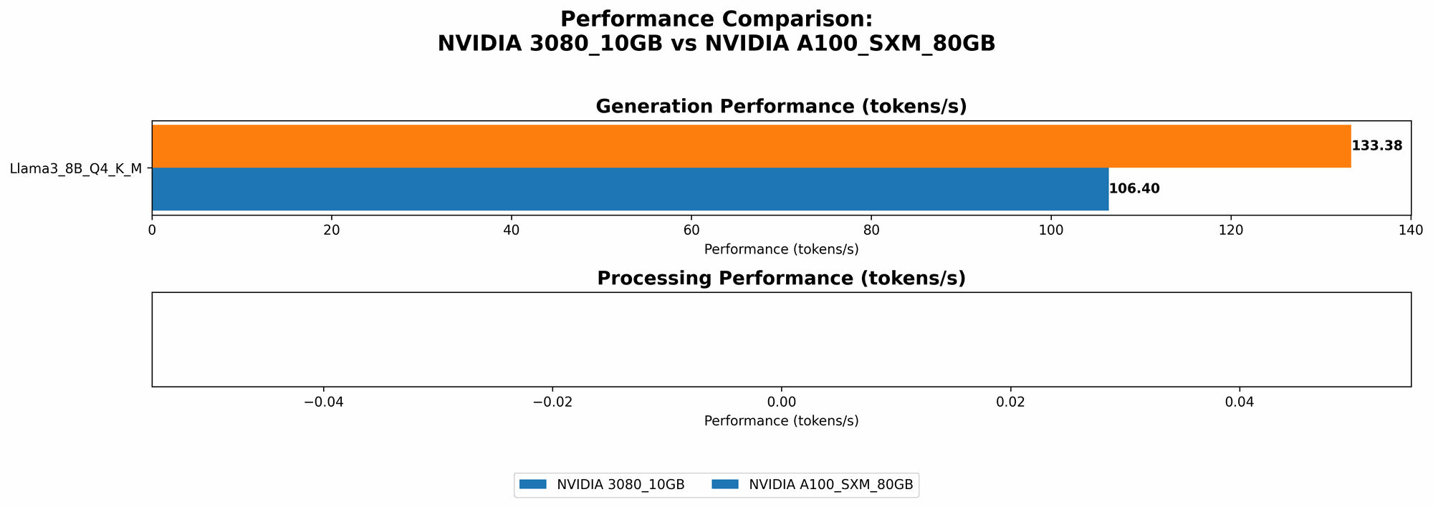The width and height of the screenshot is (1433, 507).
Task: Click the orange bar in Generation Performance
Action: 751,146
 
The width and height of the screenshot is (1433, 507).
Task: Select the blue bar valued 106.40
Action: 630,189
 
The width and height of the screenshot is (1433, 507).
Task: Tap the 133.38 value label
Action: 1376,146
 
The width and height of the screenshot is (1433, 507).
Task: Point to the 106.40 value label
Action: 1134,189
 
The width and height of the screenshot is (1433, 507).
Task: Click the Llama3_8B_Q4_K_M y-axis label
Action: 76,169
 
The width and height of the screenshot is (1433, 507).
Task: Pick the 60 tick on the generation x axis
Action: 691,231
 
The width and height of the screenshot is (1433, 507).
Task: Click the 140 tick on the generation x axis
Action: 1411,231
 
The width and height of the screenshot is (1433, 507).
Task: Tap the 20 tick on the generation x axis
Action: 332,231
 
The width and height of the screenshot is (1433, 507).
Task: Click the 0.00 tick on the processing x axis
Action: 782,402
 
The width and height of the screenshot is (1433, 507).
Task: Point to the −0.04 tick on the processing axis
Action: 323,402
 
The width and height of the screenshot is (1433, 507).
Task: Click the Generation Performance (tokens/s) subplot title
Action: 781,107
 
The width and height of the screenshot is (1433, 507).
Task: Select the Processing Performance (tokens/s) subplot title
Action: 781,279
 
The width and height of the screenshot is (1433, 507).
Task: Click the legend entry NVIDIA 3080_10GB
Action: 620,485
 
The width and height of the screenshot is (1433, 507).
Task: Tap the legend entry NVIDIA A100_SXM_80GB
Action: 830,485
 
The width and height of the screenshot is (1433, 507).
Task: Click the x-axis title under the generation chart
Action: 781,249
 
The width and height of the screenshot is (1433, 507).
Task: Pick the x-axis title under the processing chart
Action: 781,421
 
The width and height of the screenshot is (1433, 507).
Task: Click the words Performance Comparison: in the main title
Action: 716,19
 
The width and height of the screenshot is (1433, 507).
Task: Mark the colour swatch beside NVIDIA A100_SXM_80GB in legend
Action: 726,485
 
